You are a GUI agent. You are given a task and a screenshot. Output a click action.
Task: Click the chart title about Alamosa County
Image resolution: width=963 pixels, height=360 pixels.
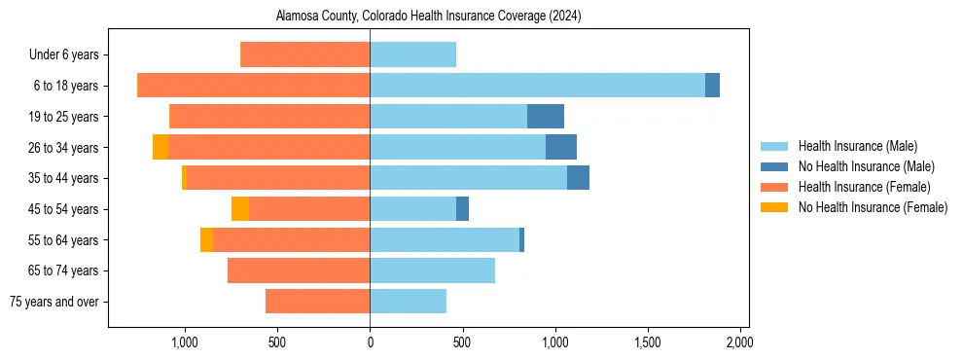(x=428, y=17)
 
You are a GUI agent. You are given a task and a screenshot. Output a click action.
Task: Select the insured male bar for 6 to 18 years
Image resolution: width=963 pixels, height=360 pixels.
(x=537, y=86)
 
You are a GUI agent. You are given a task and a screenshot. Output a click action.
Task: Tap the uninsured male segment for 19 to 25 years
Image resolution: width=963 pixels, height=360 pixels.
(x=546, y=117)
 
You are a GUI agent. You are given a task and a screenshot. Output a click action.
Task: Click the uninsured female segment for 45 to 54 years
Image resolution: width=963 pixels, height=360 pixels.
(x=240, y=209)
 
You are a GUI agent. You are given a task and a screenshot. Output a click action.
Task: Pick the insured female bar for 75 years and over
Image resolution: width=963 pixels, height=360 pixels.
(x=317, y=302)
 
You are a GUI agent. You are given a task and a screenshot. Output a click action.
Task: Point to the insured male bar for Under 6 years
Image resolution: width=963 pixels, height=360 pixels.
(x=412, y=55)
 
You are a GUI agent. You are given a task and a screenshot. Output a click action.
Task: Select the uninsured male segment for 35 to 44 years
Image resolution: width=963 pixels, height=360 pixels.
(x=578, y=178)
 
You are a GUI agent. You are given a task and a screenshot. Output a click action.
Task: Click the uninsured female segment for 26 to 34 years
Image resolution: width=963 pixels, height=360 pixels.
(x=160, y=147)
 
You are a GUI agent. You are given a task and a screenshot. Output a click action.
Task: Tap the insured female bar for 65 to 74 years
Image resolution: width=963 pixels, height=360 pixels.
(x=299, y=270)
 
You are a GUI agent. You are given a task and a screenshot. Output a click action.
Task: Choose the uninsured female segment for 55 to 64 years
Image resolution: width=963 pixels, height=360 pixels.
(x=206, y=239)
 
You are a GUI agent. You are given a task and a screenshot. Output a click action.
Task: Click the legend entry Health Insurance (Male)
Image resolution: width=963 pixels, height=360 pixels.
(x=857, y=146)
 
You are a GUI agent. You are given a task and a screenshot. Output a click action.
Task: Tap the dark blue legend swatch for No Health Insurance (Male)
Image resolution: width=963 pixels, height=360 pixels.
(x=775, y=166)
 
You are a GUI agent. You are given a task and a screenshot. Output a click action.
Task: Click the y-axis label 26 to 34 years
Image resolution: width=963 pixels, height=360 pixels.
(x=64, y=148)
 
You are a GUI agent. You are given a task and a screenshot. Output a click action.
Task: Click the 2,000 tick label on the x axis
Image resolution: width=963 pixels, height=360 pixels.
(x=739, y=342)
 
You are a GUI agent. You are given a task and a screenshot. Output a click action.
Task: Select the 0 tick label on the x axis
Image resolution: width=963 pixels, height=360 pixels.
(x=370, y=342)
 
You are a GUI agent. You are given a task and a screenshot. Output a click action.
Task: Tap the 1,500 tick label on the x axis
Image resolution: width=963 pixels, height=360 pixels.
(x=647, y=342)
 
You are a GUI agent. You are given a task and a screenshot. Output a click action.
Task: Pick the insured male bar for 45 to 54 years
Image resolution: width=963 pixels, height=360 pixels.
(x=412, y=209)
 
